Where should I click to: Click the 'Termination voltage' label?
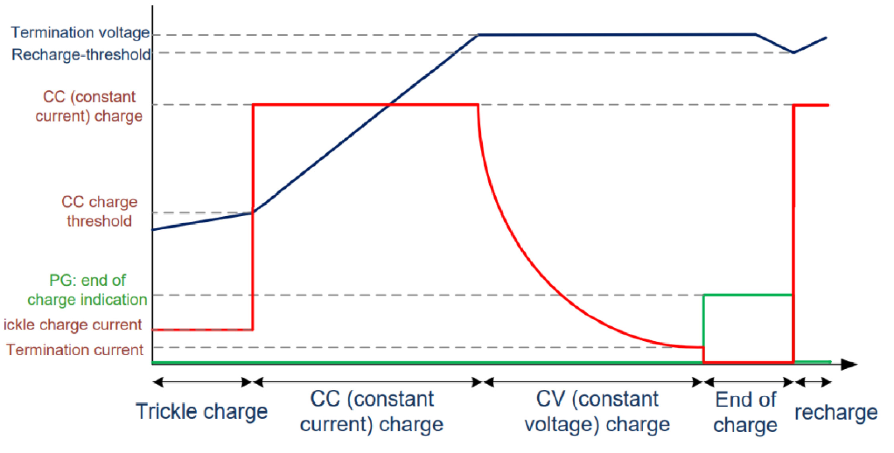[x=80, y=33]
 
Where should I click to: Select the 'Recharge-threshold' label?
[x=81, y=54]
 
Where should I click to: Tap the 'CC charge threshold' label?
[x=99, y=211]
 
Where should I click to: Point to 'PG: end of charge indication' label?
[x=87, y=290]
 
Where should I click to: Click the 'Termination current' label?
[x=74, y=350]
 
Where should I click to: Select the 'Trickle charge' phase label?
[x=201, y=411]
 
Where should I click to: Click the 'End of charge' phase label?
[x=745, y=412]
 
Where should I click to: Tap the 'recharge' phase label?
[x=836, y=412]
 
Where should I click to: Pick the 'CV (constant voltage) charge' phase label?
[x=597, y=411]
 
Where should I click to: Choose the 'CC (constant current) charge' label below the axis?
[x=372, y=411]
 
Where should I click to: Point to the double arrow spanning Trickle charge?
[x=202, y=382]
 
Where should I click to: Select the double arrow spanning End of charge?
[x=749, y=382]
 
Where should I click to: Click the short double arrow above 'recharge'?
[x=813, y=382]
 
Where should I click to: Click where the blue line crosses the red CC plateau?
[x=389, y=105]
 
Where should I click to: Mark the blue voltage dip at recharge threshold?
[x=793, y=52]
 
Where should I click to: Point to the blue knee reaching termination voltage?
[x=478, y=35]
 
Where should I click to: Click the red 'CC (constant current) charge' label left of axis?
[x=89, y=106]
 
